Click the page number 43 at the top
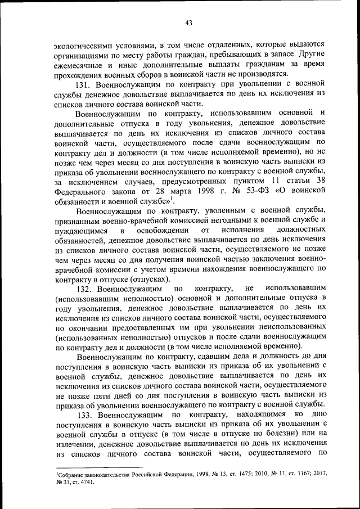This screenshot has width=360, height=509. point(188,22)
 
